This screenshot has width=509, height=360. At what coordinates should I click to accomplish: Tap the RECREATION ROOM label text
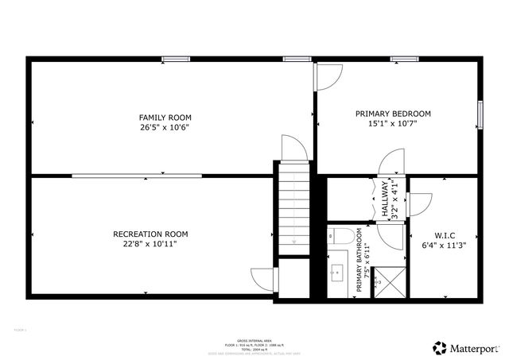click(150, 234)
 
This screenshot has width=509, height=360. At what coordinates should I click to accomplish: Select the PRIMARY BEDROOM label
click(393, 114)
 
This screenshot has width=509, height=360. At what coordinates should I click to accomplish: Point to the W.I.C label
click(445, 236)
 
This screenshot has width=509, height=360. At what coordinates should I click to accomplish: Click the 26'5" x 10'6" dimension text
click(165, 127)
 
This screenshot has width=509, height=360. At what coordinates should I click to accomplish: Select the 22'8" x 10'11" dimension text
click(150, 245)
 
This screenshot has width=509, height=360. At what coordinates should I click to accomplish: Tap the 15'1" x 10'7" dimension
click(393, 124)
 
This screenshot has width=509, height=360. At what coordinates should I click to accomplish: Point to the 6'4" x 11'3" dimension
click(445, 246)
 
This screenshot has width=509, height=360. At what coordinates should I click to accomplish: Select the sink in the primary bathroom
click(336, 273)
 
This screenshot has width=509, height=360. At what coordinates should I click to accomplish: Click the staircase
click(294, 209)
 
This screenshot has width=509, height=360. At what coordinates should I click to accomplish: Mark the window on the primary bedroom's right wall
click(480, 114)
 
